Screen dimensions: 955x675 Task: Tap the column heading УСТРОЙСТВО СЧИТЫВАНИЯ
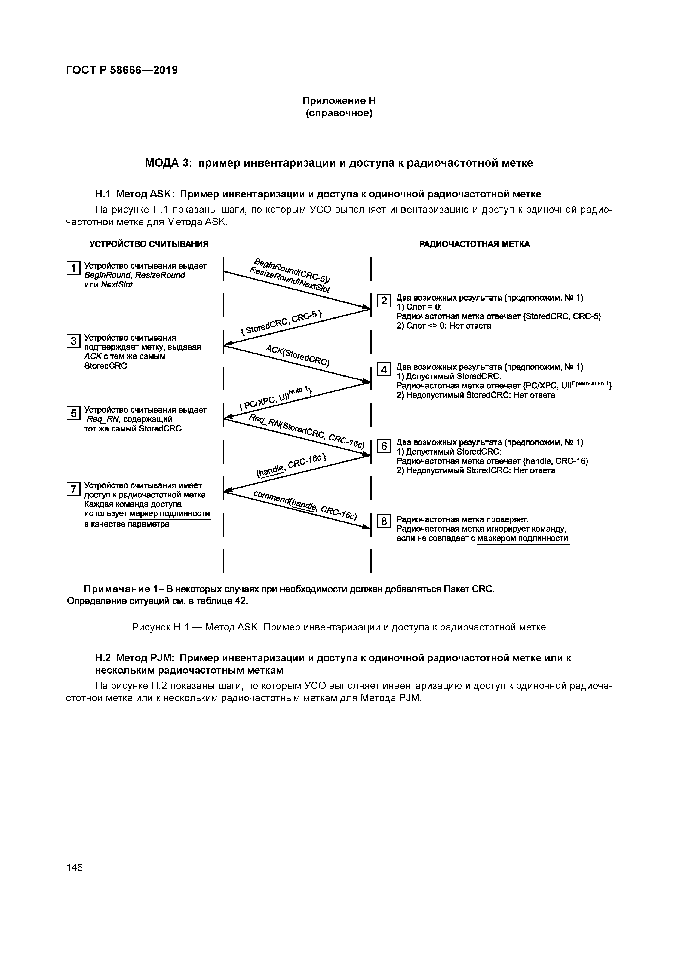(149, 244)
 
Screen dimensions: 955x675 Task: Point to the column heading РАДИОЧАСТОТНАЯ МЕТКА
(474, 244)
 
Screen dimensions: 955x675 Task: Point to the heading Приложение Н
(339, 101)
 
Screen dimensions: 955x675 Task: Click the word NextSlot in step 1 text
(116, 285)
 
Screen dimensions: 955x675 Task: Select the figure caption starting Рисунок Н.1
(339, 627)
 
